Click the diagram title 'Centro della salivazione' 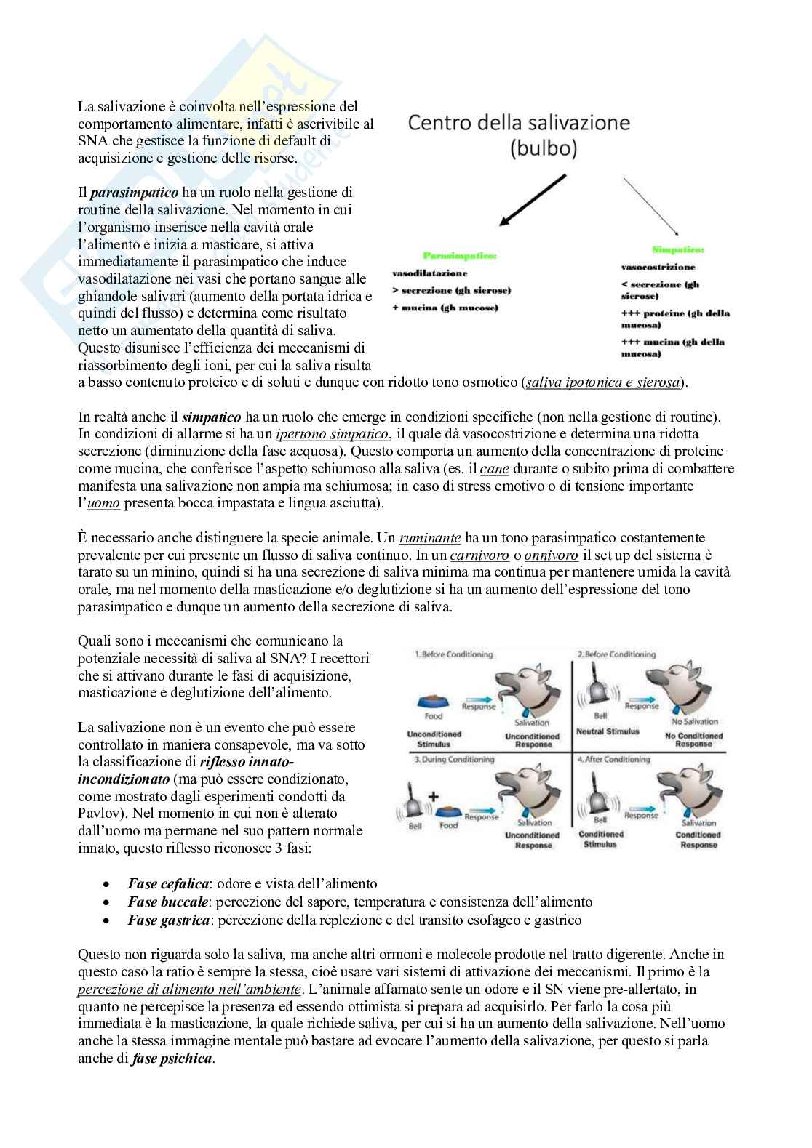519,123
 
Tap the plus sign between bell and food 434,795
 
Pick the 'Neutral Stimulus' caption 607,731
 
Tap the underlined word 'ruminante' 430,539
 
